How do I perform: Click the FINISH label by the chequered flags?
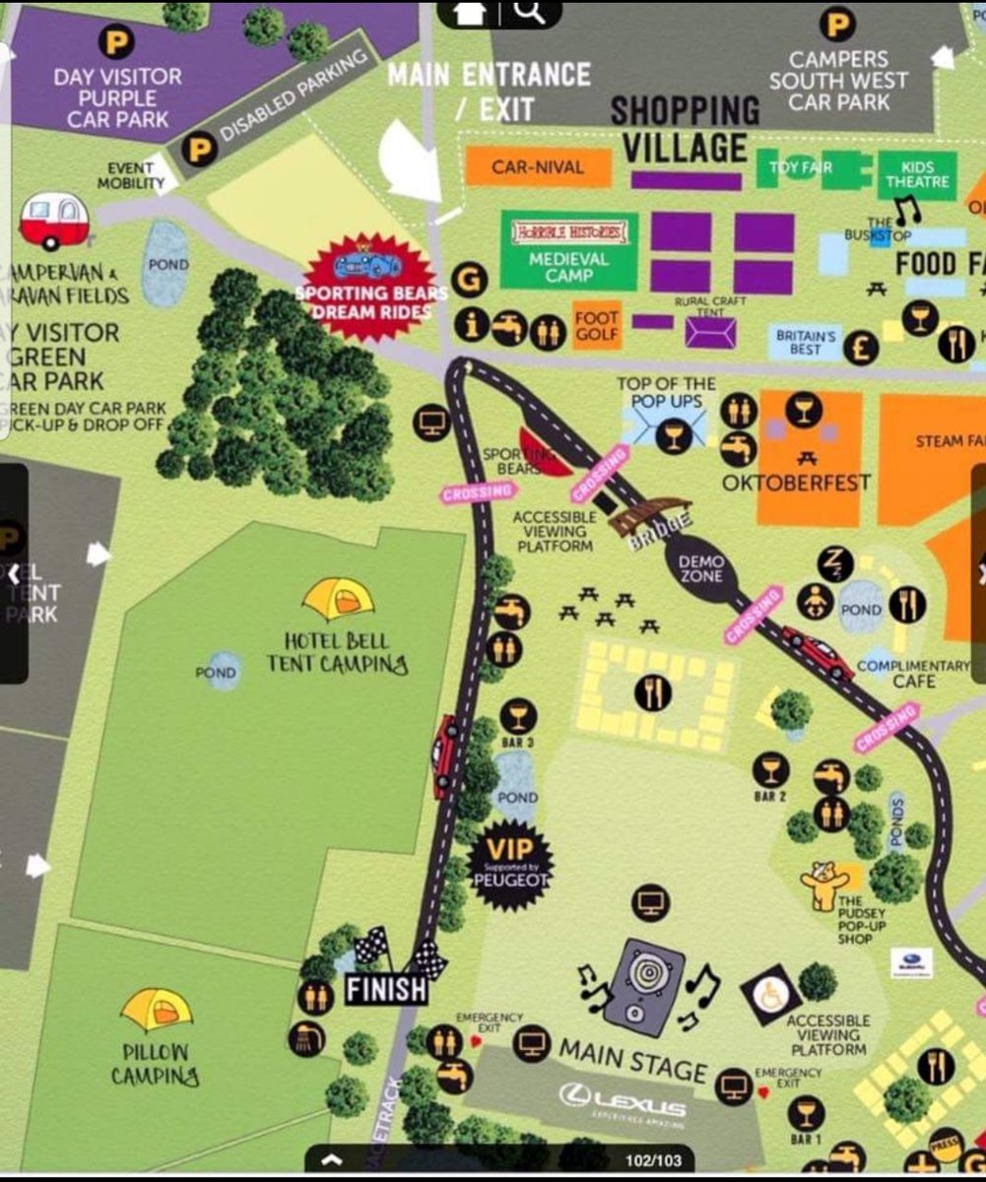pos(386,988)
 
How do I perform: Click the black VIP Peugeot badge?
pos(509,864)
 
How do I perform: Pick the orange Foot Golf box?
pos(597,325)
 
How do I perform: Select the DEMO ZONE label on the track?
pos(700,568)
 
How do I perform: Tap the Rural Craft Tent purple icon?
pos(710,331)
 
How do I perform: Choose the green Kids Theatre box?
pos(916,174)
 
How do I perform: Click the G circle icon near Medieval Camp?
pos(469,281)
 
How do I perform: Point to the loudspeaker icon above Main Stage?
pos(644,985)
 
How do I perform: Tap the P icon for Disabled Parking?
pos(200,150)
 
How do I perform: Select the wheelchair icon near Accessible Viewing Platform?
pos(770,994)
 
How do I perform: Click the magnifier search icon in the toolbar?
pos(529,12)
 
